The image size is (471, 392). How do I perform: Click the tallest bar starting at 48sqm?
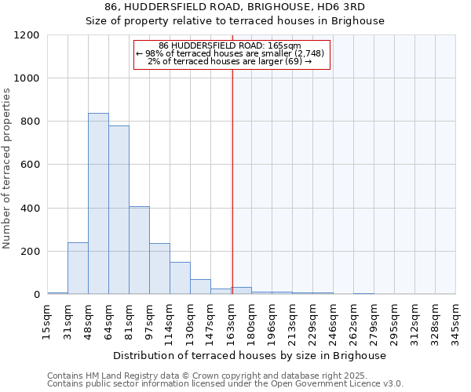pos(98,204)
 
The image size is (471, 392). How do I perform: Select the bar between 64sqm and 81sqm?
pos(119,210)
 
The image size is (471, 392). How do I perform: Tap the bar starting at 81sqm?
pos(139,250)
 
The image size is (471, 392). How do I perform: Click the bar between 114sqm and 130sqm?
pos(180,278)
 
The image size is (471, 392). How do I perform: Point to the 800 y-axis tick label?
pos(29,122)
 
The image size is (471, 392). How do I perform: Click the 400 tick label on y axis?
pos(29,209)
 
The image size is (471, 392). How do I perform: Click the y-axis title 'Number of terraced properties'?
pos(7,169)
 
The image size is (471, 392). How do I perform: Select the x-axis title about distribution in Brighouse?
pos(250,355)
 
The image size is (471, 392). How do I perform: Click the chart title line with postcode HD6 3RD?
pos(235,6)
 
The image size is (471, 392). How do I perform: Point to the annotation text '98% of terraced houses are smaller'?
pos(232,53)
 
